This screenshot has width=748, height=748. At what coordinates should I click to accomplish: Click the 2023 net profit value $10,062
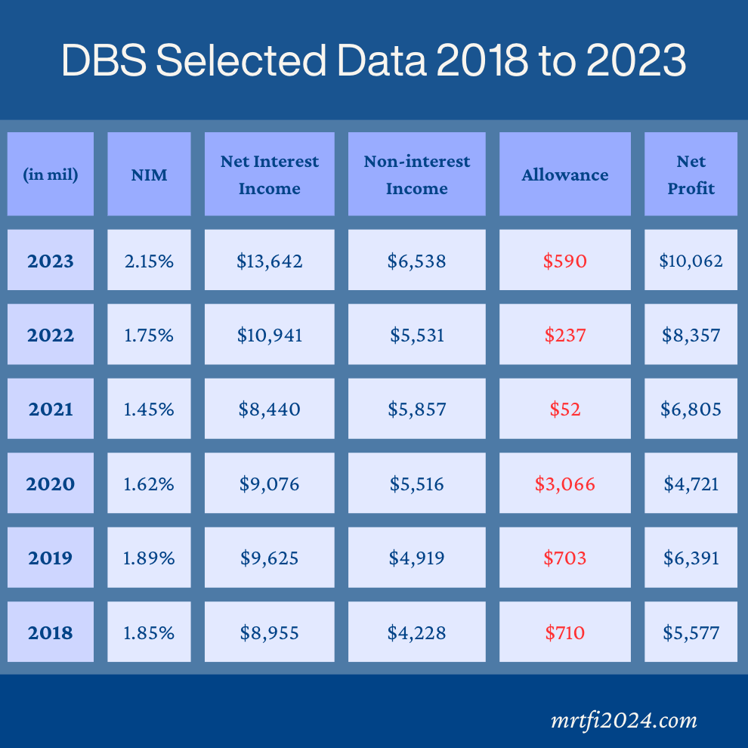click(x=691, y=261)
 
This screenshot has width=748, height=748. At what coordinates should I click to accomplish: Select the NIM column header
click(x=149, y=175)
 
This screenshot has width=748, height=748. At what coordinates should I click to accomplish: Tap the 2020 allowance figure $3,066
click(x=564, y=484)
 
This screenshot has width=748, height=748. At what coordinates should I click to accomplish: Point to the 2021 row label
click(x=51, y=410)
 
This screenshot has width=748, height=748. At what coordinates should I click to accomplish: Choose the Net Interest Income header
click(x=270, y=175)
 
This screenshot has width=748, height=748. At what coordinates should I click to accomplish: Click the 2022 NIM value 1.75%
click(x=149, y=335)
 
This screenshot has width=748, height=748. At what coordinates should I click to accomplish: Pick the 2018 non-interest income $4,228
click(x=416, y=632)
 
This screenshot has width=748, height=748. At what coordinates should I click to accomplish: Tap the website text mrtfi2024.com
click(x=624, y=720)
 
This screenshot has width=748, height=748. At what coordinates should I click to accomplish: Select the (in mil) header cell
click(x=51, y=175)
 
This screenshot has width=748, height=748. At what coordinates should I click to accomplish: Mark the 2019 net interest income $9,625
click(x=270, y=558)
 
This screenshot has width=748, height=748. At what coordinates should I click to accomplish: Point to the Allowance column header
click(x=564, y=175)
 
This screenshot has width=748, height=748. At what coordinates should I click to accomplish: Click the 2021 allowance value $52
click(x=564, y=410)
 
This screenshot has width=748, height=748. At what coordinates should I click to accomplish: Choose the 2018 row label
click(x=51, y=632)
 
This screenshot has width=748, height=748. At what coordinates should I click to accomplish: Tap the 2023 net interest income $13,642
click(x=270, y=261)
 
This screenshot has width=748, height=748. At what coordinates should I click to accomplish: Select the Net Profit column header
click(x=691, y=175)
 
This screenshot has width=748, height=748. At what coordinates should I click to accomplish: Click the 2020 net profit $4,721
click(x=691, y=484)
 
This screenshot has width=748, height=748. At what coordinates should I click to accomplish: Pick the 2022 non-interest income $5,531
click(x=416, y=335)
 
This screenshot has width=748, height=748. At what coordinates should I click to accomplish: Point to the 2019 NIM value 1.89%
click(x=149, y=558)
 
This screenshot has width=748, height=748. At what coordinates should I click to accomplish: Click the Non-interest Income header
click(x=416, y=175)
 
